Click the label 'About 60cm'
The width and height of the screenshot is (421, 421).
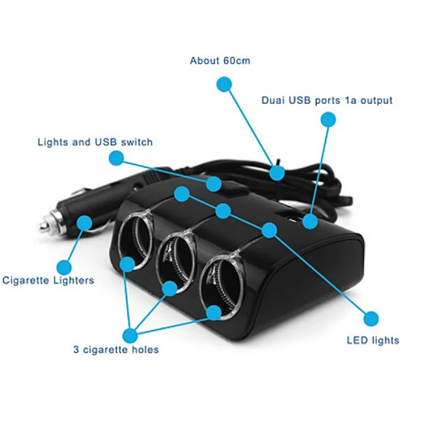[x=220, y=61]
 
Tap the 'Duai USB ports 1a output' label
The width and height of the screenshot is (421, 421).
[x=327, y=100]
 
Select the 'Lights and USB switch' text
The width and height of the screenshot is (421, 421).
[x=95, y=142]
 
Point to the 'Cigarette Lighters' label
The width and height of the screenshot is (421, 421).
[x=48, y=280]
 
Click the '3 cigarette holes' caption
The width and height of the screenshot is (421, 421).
[x=116, y=349]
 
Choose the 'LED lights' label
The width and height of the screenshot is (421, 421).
[x=373, y=340]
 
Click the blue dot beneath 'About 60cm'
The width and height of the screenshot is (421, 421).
[x=225, y=84]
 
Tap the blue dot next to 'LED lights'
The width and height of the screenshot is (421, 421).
[x=372, y=318]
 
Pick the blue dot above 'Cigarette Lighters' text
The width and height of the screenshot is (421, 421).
[x=64, y=267]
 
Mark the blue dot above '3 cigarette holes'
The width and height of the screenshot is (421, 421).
[x=129, y=335]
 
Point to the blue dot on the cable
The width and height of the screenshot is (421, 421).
[x=277, y=173]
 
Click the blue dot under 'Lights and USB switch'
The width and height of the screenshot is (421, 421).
[x=116, y=157]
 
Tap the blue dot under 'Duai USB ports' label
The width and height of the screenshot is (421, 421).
[x=328, y=119]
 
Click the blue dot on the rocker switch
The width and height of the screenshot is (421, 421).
[x=214, y=184]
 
